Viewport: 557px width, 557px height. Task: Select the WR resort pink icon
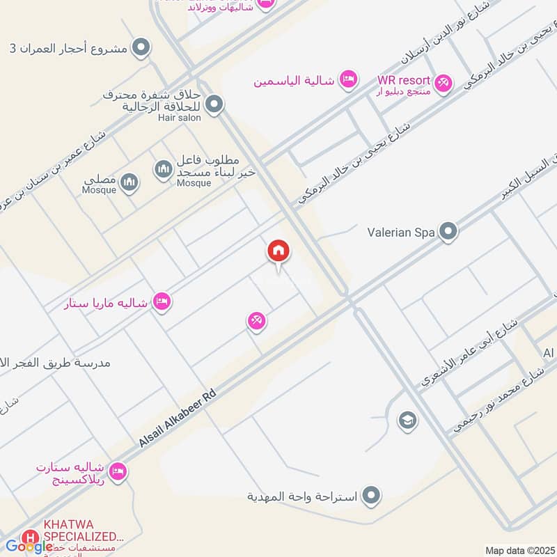[444, 84]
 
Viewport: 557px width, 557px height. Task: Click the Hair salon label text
[180, 118]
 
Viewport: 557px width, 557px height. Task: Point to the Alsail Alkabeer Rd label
[178, 418]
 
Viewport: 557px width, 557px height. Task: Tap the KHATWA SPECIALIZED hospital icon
[30, 538]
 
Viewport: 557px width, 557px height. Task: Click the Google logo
[29, 547]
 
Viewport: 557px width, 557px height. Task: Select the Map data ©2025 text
[519, 550]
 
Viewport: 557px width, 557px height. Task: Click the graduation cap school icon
[407, 420]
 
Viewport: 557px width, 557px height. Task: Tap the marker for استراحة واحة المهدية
[372, 496]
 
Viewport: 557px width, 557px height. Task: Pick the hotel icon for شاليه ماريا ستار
[162, 302]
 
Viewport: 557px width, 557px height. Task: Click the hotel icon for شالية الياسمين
[347, 79]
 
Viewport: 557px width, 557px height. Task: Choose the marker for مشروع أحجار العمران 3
[141, 48]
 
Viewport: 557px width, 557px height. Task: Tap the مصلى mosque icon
[129, 182]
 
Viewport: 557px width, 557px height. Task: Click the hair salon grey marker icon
[214, 104]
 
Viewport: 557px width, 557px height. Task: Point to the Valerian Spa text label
[401, 231]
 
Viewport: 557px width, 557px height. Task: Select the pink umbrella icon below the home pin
[256, 321]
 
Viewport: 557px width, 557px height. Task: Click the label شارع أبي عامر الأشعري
[469, 353]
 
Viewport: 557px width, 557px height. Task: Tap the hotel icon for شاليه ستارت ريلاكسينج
[118, 472]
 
